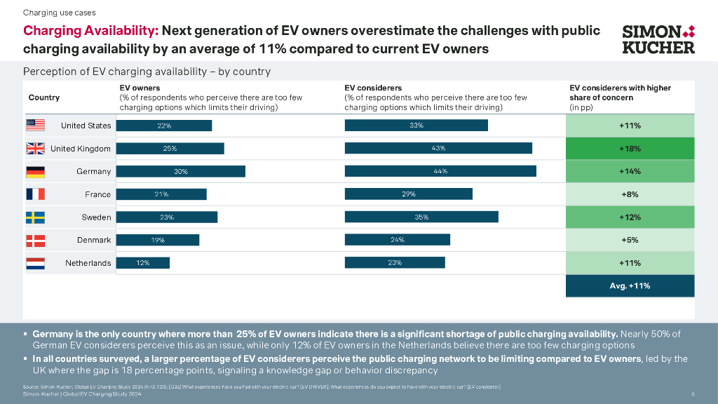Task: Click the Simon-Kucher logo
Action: pyautogui.click(x=658, y=39)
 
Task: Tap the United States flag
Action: pyautogui.click(x=35, y=126)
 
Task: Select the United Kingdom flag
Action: pyautogui.click(x=35, y=149)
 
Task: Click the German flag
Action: pyautogui.click(x=35, y=172)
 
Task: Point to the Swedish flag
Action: pyautogui.click(x=35, y=217)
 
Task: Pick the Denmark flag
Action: pyautogui.click(x=35, y=241)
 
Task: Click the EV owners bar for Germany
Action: pyautogui.click(x=180, y=172)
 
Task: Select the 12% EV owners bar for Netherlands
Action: pyautogui.click(x=142, y=263)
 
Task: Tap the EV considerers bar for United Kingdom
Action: pyautogui.click(x=438, y=149)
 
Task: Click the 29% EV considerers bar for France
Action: pyautogui.click(x=408, y=194)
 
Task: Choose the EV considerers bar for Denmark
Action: pyautogui.click(x=397, y=240)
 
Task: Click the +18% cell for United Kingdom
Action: pyautogui.click(x=630, y=149)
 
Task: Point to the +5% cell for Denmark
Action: pyautogui.click(x=630, y=240)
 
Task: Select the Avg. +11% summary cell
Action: pyautogui.click(x=630, y=286)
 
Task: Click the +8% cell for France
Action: pyautogui.click(x=630, y=194)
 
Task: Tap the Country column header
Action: pyautogui.click(x=43, y=97)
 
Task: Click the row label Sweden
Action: pyautogui.click(x=97, y=217)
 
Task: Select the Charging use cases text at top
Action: pyautogui.click(x=60, y=13)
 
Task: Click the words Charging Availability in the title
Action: pyautogui.click(x=91, y=31)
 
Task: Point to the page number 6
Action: pyautogui.click(x=693, y=394)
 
